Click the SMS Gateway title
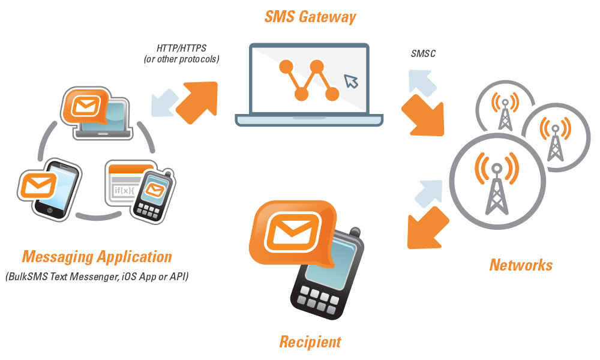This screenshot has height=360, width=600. [x=310, y=16]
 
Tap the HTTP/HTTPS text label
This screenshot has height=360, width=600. [x=181, y=47]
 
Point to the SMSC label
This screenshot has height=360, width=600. [x=423, y=54]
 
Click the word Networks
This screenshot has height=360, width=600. [x=520, y=265]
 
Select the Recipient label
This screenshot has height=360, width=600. [x=310, y=342]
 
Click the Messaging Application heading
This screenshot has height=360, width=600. [x=97, y=257]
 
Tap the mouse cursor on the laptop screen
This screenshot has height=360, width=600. [x=349, y=81]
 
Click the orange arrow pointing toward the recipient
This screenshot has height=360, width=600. [x=427, y=227]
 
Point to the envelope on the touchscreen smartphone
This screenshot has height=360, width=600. [x=38, y=184]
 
